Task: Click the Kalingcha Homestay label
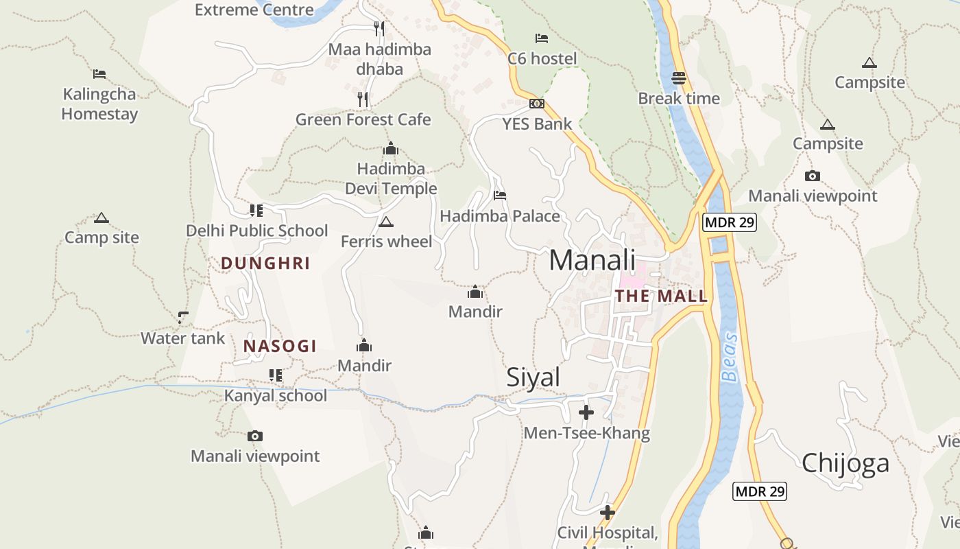[99, 104]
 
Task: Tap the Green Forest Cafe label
[363, 119]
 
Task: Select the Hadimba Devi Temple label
[390, 178]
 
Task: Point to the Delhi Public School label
[257, 231]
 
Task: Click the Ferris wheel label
[387, 242]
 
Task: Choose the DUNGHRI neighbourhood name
[265, 264]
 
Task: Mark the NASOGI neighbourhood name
[280, 347]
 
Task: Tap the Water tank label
[182, 338]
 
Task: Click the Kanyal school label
[276, 396]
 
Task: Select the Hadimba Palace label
[500, 216]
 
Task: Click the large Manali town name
[592, 261]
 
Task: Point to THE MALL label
[661, 296]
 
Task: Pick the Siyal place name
[533, 377]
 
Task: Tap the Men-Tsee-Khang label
[586, 434]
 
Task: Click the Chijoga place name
[845, 463]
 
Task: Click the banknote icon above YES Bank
[537, 104]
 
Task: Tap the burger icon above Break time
[679, 78]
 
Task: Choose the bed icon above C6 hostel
[542, 38]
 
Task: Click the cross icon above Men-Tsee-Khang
[586, 412]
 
